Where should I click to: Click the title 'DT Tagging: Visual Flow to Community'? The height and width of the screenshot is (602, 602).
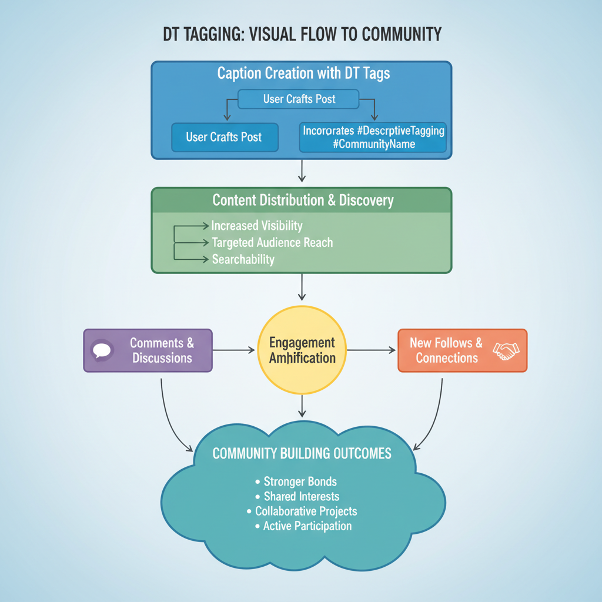tap(302, 35)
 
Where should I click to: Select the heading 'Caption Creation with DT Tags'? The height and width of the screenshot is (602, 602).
tap(303, 73)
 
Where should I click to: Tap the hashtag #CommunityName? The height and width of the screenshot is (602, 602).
tap(374, 144)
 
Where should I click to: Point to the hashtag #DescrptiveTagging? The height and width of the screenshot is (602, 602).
tap(397, 130)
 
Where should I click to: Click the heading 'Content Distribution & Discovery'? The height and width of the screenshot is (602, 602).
tap(303, 200)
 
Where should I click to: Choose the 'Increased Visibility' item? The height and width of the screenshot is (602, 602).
tap(257, 226)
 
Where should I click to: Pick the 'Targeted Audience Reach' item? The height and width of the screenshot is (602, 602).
tap(272, 242)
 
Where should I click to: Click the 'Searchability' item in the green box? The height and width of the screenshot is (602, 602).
tap(243, 259)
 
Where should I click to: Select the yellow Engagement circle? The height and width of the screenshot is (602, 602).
tap(302, 350)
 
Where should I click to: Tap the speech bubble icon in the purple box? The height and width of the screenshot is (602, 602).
tap(102, 350)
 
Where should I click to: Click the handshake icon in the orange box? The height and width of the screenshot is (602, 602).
tap(506, 351)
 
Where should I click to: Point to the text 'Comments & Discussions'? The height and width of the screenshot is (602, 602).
tap(162, 350)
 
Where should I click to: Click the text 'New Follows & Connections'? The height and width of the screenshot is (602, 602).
tap(446, 350)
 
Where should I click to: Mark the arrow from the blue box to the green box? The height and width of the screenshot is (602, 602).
tap(302, 170)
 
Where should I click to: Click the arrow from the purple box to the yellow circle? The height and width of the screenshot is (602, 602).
tap(234, 350)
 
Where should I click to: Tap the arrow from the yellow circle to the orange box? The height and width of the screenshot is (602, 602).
tap(372, 350)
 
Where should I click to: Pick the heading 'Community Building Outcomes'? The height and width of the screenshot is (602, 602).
tap(302, 454)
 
